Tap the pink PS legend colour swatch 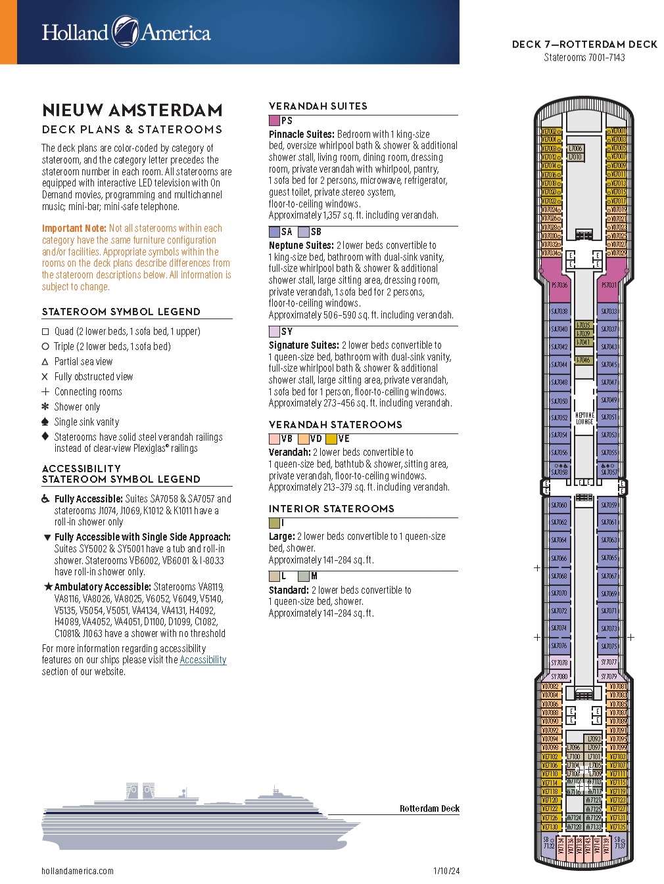[x=274, y=121]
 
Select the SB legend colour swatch [x=303, y=232]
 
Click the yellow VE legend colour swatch [x=331, y=439]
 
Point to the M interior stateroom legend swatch [x=303, y=576]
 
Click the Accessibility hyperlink [x=202, y=660]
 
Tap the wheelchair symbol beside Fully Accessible [x=45, y=499]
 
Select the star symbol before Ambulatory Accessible [x=47, y=586]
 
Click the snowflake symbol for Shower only [x=45, y=407]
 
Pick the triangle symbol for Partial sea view [x=45, y=362]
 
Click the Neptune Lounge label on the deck [x=584, y=418]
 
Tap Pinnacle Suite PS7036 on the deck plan [x=559, y=285]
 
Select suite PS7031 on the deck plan [x=609, y=285]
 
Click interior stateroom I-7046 [x=583, y=360]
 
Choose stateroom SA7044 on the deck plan [x=559, y=365]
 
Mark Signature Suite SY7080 [x=559, y=676]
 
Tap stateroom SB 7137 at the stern [x=619, y=843]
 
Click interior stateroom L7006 [x=575, y=149]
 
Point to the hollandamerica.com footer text [x=78, y=871]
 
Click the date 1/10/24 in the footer [x=446, y=871]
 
